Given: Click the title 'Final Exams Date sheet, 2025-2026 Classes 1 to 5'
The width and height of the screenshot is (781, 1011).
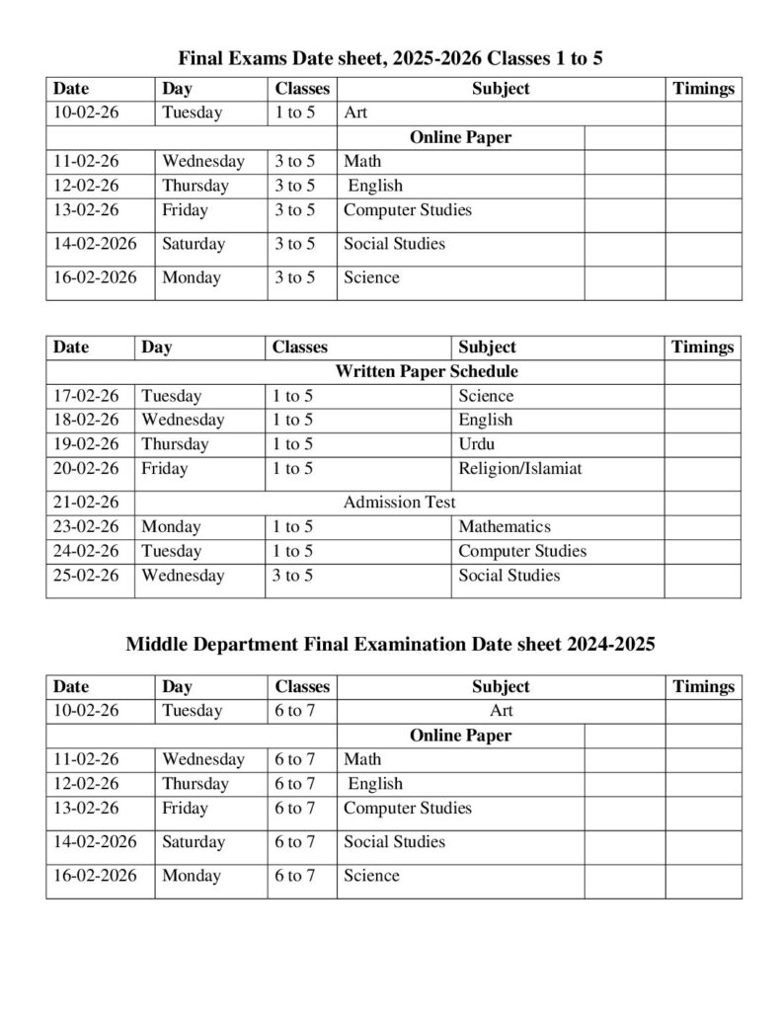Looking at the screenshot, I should click(x=390, y=59).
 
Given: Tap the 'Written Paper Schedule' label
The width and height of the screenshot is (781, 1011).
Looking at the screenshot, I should click(x=427, y=372).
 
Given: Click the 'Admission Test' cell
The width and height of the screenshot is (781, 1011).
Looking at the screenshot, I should click(x=399, y=503).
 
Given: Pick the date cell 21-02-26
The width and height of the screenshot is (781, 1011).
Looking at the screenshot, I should click(x=86, y=503).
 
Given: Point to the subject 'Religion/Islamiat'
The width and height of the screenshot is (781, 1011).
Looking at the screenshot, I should click(x=519, y=469).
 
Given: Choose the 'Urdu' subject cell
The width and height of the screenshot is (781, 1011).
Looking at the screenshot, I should click(x=477, y=444).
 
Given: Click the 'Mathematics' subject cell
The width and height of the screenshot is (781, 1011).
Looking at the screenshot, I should click(x=504, y=527).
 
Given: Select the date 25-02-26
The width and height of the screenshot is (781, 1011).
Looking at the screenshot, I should click(x=86, y=576).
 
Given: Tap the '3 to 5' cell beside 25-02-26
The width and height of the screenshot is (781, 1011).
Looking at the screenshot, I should click(x=292, y=576).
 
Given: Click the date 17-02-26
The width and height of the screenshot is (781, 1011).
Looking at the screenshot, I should click(x=86, y=397).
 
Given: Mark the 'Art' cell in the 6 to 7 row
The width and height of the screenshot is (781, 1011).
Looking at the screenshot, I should click(x=501, y=711).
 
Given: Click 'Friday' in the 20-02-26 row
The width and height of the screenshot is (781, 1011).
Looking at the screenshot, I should click(x=164, y=469).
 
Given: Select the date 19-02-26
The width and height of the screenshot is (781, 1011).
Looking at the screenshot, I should click(x=86, y=444).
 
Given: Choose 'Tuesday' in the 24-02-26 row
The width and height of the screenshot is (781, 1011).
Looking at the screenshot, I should click(x=171, y=551).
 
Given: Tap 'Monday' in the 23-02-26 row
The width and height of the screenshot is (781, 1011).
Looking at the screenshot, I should click(x=171, y=527).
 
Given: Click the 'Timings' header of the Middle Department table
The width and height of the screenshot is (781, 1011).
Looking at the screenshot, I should click(x=703, y=687).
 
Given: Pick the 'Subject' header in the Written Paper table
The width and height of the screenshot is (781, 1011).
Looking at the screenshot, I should click(x=487, y=348).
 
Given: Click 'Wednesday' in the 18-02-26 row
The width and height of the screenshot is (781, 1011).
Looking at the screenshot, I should click(x=183, y=421).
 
